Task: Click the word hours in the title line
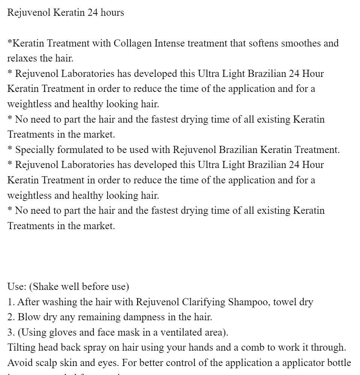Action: (x=111, y=13)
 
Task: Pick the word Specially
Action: (x=34, y=150)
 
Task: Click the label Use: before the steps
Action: (x=16, y=287)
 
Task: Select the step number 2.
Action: (x=10, y=317)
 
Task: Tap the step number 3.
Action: (x=10, y=333)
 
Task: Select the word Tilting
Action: (x=21, y=348)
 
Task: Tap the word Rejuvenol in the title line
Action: (x=29, y=13)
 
